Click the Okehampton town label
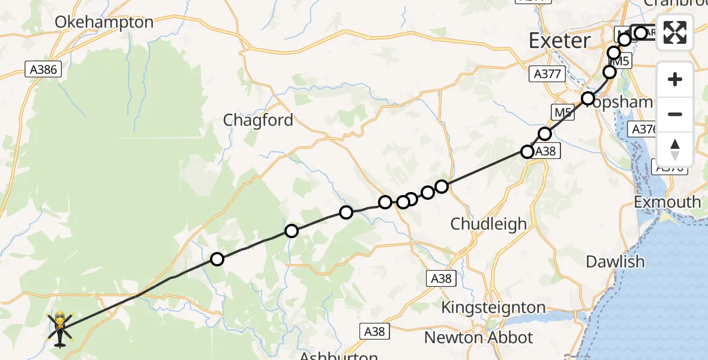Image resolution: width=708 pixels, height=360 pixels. pyautogui.click(x=104, y=23)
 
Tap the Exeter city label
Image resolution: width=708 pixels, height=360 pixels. pyautogui.click(x=559, y=41)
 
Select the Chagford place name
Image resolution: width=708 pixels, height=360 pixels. pyautogui.click(x=258, y=120)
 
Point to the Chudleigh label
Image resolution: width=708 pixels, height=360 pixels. pyautogui.click(x=488, y=224)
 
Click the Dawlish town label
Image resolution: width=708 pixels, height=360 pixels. pyautogui.click(x=615, y=262)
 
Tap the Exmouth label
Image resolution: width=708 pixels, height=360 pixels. pyautogui.click(x=667, y=202)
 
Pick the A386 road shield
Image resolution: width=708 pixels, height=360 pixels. pyautogui.click(x=43, y=70)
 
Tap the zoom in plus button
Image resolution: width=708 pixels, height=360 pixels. pyautogui.click(x=675, y=79)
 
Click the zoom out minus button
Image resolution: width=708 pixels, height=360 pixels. pyautogui.click(x=675, y=114)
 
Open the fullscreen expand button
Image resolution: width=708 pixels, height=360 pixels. pyautogui.click(x=675, y=32)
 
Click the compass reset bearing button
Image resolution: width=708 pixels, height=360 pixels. pyautogui.click(x=675, y=149)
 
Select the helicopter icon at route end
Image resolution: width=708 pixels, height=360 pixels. pyautogui.click(x=60, y=329)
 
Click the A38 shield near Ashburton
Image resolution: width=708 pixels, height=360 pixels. pyautogui.click(x=376, y=331)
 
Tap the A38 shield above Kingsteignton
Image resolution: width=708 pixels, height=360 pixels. pyautogui.click(x=441, y=278)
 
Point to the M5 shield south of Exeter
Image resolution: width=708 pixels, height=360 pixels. pyautogui.click(x=560, y=112)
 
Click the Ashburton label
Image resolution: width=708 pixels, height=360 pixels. pyautogui.click(x=338, y=355)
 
